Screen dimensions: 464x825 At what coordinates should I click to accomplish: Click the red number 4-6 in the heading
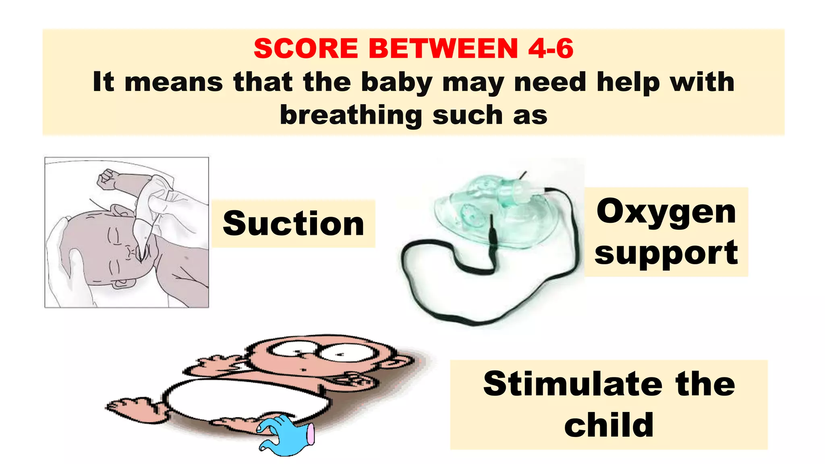(551, 49)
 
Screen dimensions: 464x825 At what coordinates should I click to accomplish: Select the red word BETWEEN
(443, 49)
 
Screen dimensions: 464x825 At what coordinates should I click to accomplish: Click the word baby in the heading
(396, 83)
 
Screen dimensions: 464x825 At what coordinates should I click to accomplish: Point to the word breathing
(350, 116)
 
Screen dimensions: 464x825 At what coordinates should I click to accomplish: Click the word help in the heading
(627, 82)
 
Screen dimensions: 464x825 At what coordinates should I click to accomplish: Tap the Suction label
(293, 224)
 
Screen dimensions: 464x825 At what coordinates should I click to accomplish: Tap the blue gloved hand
(284, 435)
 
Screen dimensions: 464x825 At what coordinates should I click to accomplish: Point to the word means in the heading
(174, 82)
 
